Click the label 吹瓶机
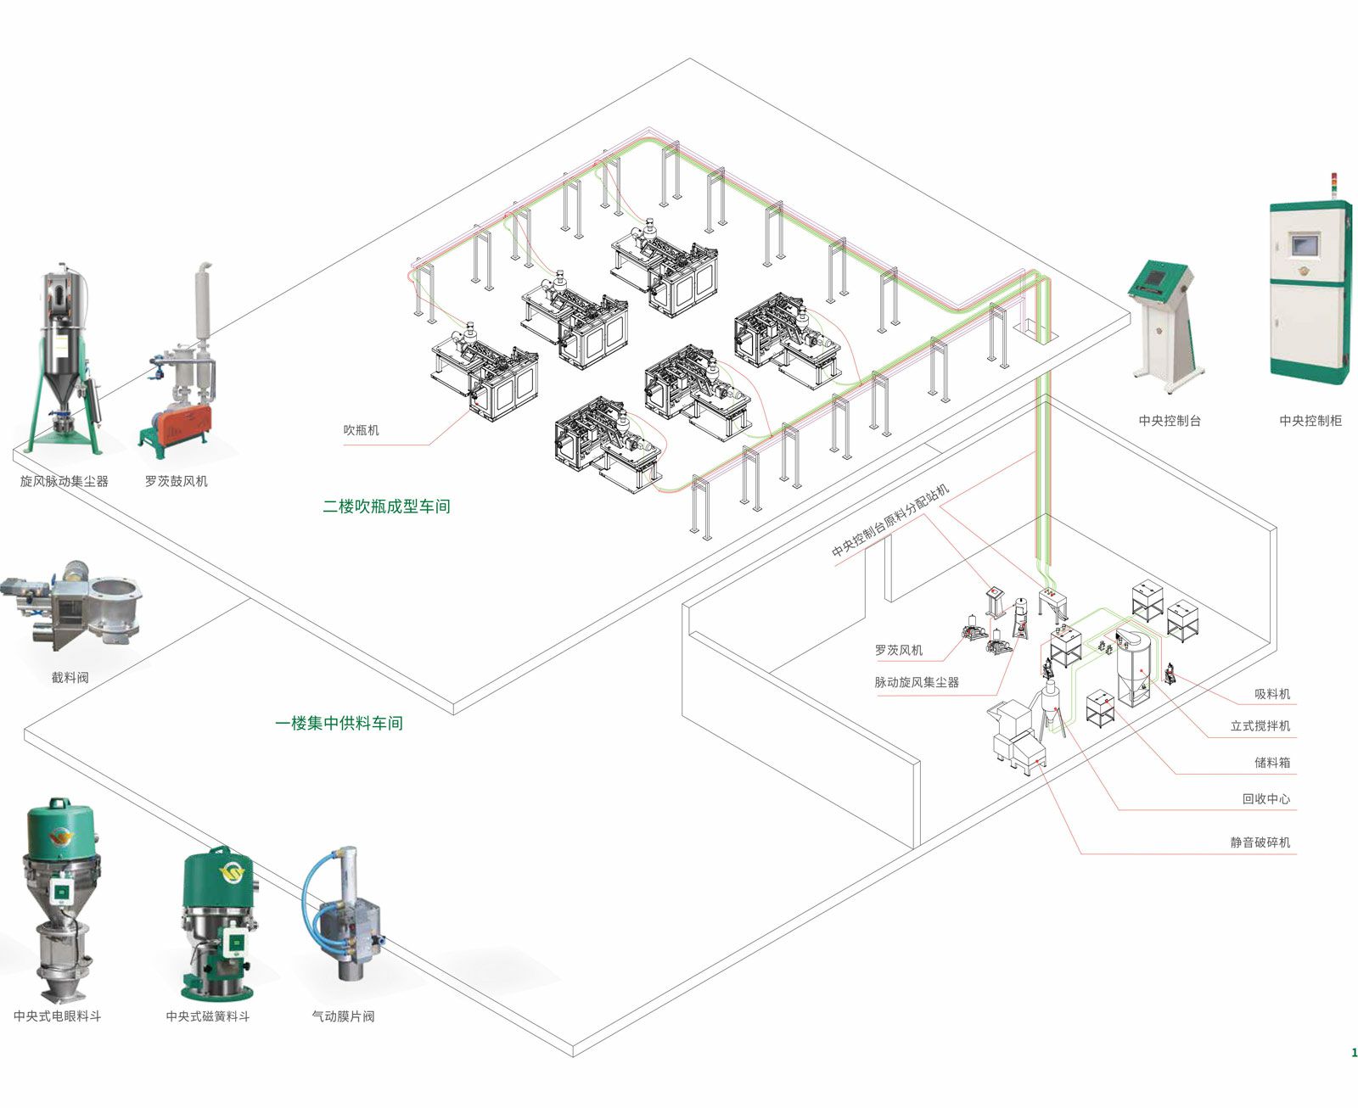[x=361, y=430]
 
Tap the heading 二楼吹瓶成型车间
[x=386, y=506]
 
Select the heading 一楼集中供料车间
[x=339, y=724]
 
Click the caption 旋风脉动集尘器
[x=65, y=481]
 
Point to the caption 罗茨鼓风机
[x=176, y=481]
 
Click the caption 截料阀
[x=70, y=677]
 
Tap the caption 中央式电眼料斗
[x=57, y=1016]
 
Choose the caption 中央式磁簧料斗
[x=208, y=1016]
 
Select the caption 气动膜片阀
[x=343, y=1016]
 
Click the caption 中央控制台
[x=1170, y=420]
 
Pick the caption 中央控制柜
[x=1310, y=420]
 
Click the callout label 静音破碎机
[x=1260, y=842]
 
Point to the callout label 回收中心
[x=1265, y=798]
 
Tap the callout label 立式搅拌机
[x=1260, y=725]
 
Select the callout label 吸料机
[x=1271, y=694]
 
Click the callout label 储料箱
[x=1271, y=762]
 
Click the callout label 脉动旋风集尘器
[x=917, y=682]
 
